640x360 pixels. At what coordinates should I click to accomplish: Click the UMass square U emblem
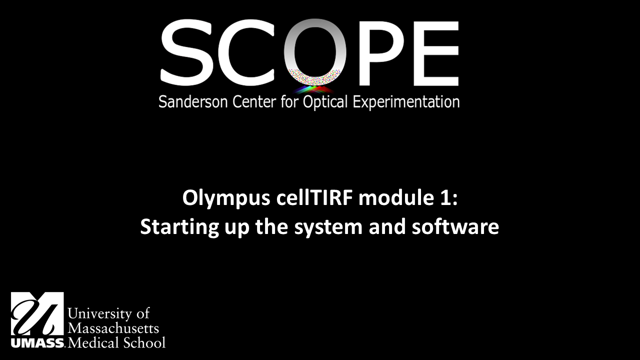point(37,314)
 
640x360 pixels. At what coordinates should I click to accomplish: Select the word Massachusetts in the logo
point(113,328)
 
